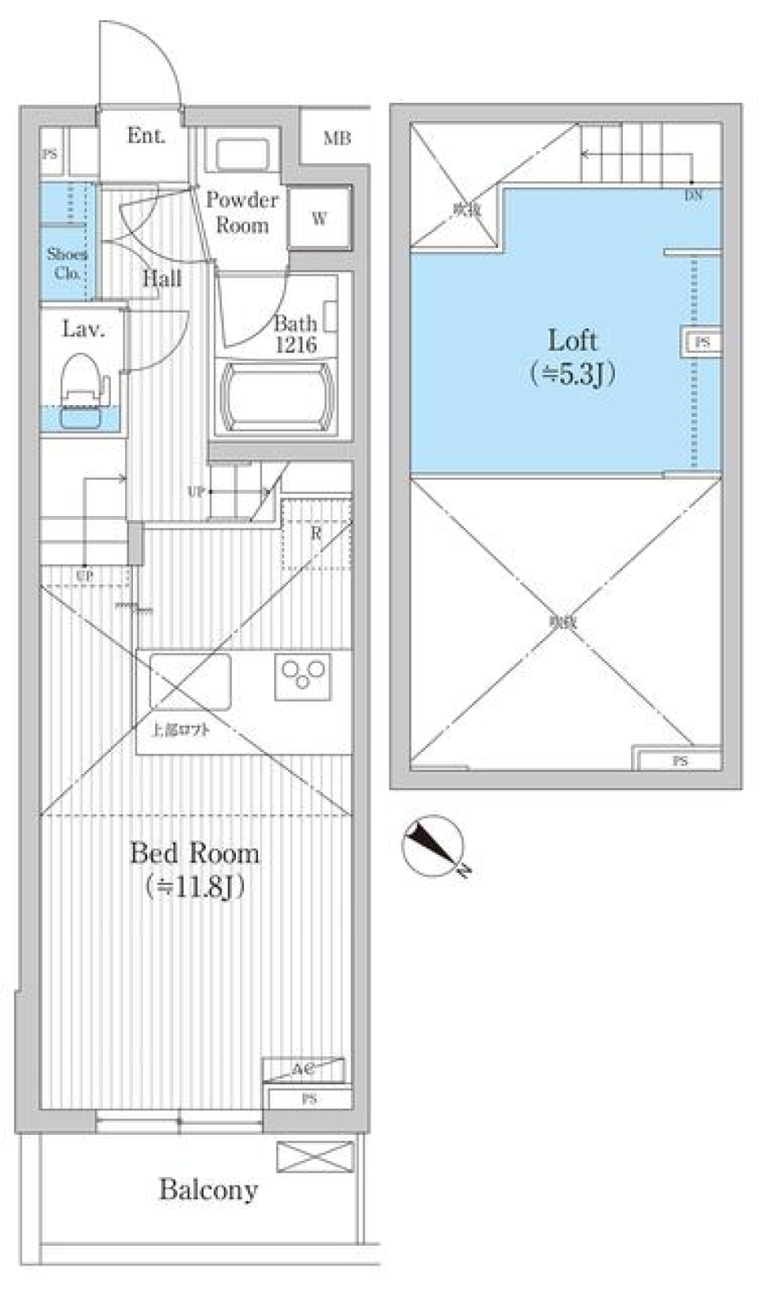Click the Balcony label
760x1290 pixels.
tap(208, 1189)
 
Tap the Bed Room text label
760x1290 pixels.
tap(194, 853)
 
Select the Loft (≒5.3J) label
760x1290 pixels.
tap(572, 355)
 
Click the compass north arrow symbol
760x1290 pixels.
tap(432, 845)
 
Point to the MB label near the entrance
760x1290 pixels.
tap(336, 138)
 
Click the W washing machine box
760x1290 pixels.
tap(319, 218)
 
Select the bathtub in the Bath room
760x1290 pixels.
tap(275, 396)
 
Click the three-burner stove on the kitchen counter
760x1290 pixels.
tap(303, 676)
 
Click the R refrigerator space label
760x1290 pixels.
tap(316, 534)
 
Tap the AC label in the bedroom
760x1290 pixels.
tap(302, 1069)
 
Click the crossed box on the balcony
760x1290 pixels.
tap(314, 1156)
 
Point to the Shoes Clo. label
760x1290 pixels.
tap(67, 264)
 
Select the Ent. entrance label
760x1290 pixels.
tap(146, 136)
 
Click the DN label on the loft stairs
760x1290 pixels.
tap(693, 195)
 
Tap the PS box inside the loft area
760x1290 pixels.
tap(701, 343)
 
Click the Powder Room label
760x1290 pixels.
tap(241, 211)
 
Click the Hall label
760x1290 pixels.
tap(161, 279)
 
